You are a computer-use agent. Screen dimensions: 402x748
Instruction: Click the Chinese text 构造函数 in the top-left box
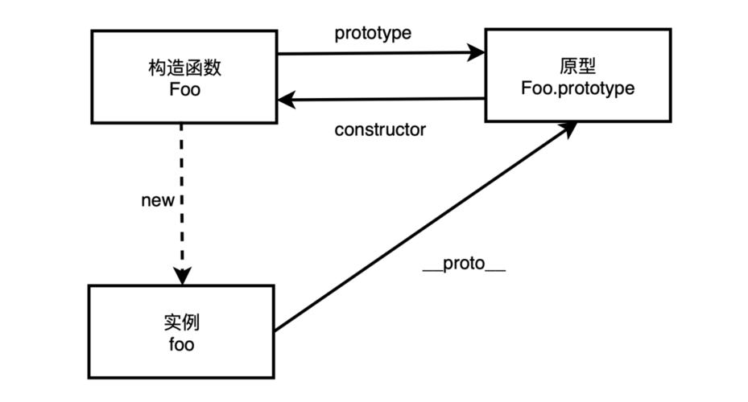click(185, 68)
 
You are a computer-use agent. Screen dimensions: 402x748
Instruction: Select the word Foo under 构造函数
click(185, 88)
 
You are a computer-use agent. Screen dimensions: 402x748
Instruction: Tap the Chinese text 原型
click(576, 66)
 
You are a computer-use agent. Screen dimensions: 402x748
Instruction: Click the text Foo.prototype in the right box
click(576, 88)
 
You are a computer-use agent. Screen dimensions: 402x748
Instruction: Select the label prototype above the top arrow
click(373, 34)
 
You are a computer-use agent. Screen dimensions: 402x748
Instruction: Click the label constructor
click(380, 129)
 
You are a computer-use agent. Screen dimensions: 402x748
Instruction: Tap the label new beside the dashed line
click(157, 200)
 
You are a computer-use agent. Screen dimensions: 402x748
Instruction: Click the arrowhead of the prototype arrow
click(477, 54)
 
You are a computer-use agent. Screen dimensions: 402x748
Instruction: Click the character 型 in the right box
click(587, 66)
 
